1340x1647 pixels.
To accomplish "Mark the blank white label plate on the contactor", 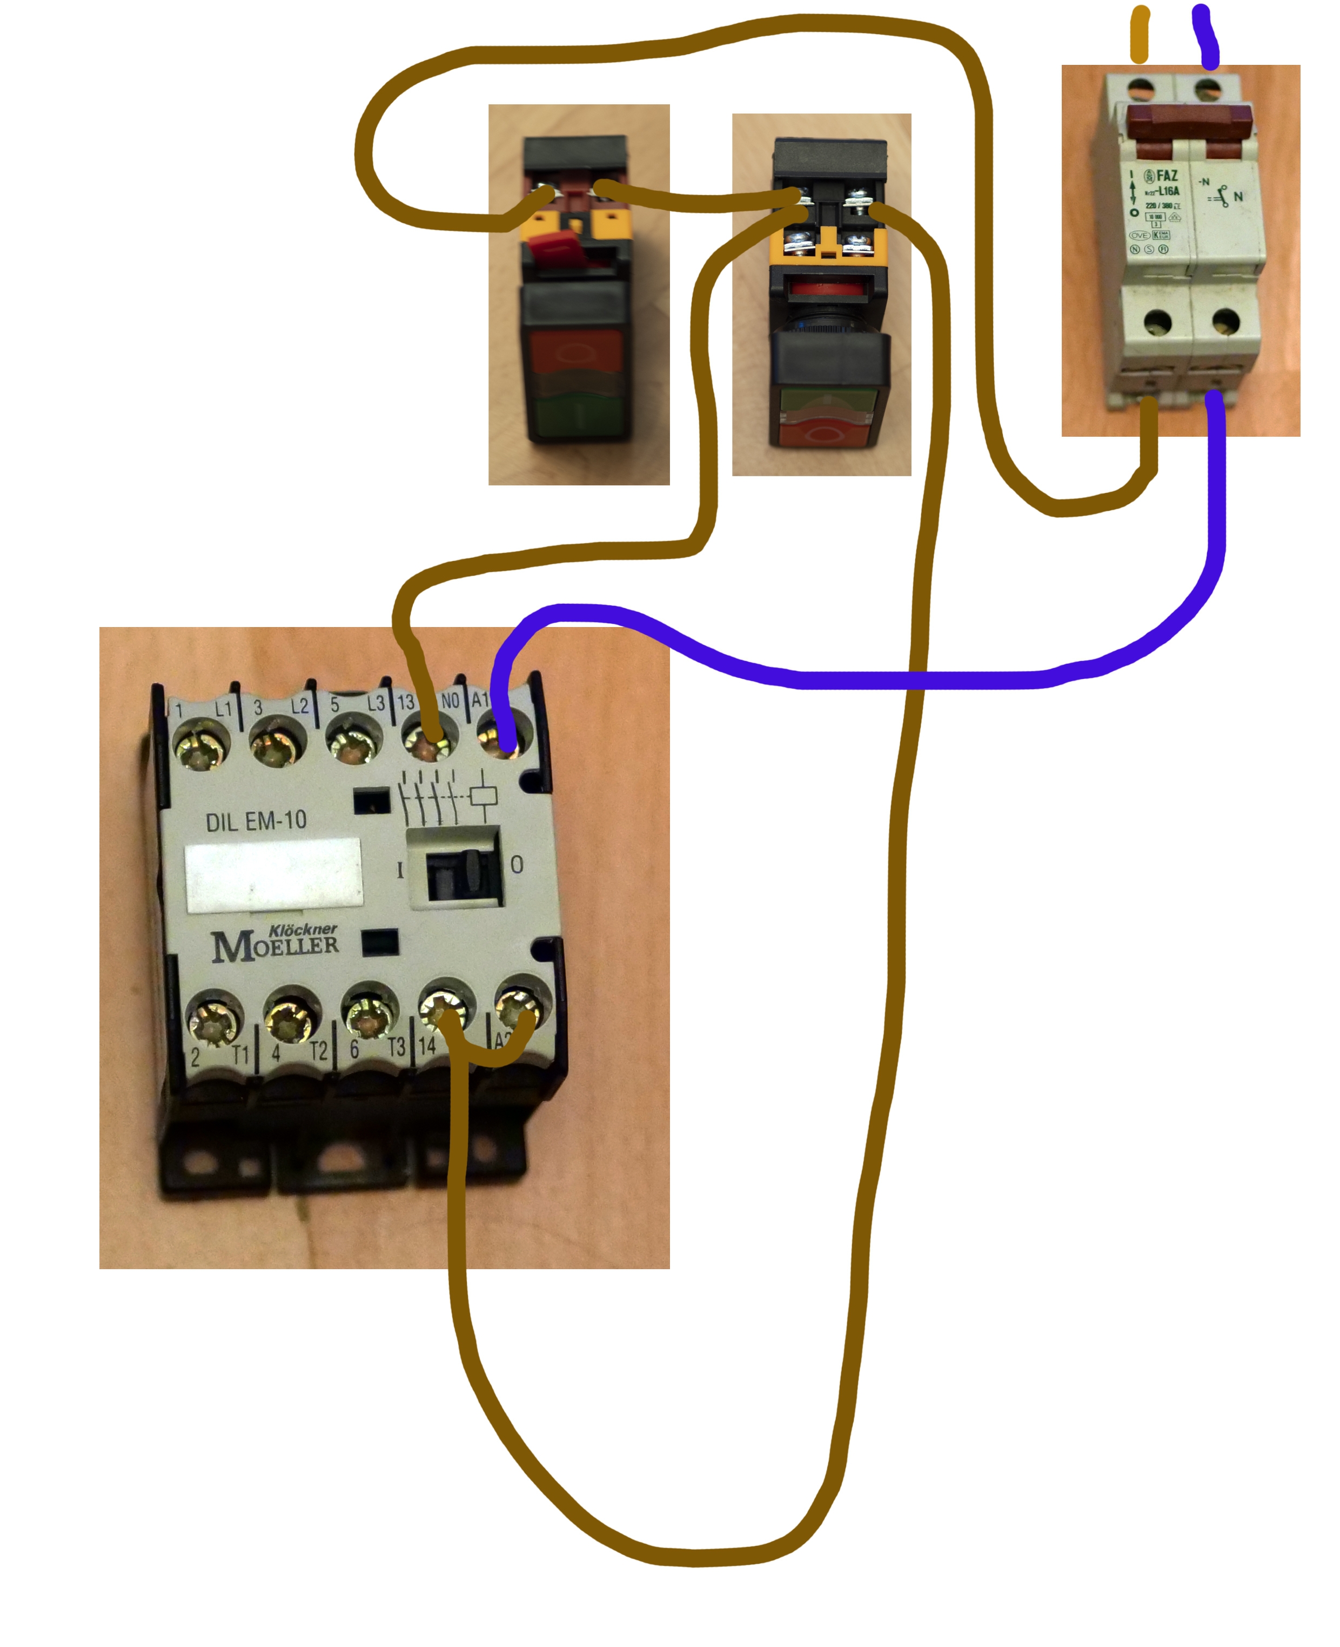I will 274,875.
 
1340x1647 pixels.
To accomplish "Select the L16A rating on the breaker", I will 1167,191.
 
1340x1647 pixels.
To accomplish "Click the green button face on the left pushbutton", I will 574,416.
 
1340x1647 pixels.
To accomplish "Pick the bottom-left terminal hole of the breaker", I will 1157,321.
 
